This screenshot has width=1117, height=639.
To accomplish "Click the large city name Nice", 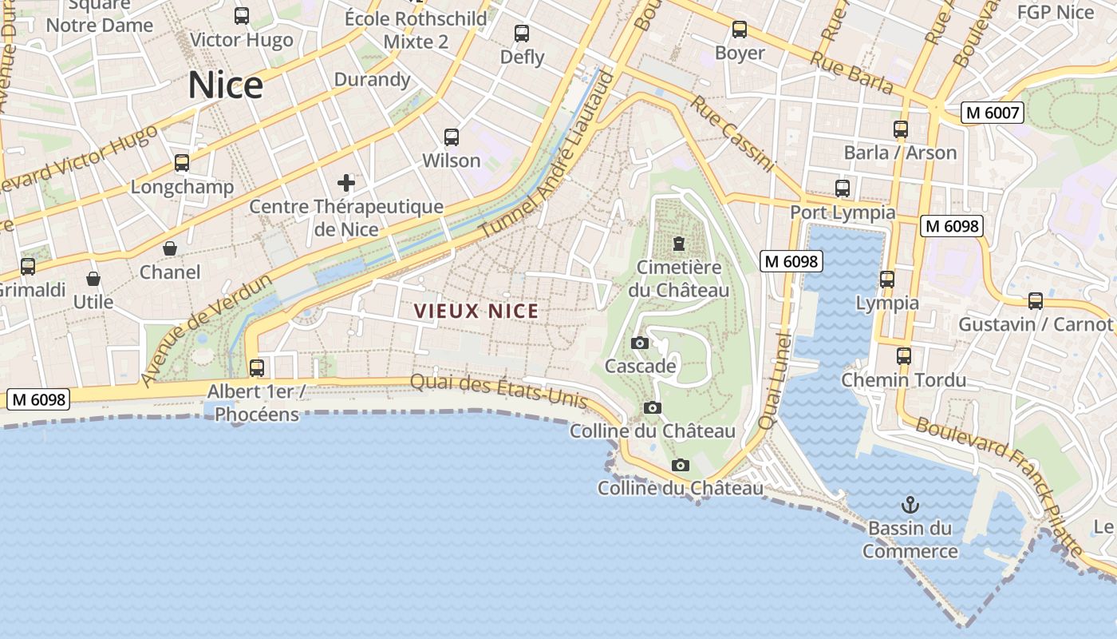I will click(x=226, y=85).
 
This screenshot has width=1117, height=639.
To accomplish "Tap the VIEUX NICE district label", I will click(x=476, y=312).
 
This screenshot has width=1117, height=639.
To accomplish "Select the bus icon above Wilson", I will click(x=452, y=137).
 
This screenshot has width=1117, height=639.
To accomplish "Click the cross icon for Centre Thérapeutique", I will click(x=345, y=184).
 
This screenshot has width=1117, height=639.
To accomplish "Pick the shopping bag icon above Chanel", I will click(x=170, y=248).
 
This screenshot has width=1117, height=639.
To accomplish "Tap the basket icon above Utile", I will click(x=93, y=279).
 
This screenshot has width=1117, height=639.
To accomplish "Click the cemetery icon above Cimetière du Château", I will click(x=679, y=243).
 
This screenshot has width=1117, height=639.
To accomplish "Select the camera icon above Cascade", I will click(x=640, y=343).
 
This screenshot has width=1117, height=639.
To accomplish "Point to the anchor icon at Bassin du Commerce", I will click(x=910, y=505).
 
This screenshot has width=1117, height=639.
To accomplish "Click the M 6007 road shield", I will click(x=992, y=113).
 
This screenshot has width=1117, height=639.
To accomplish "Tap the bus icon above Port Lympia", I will click(x=843, y=189).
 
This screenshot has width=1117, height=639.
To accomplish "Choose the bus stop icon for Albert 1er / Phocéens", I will click(x=257, y=368).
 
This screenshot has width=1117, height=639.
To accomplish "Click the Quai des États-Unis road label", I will click(x=499, y=391).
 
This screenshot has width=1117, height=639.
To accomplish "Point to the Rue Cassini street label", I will click(x=732, y=133).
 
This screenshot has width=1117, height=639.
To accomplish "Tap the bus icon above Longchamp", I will click(x=182, y=163).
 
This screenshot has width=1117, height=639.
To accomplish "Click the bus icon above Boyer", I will click(x=740, y=30).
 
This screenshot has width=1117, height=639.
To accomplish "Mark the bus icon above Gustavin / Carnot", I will click(x=1036, y=301).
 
